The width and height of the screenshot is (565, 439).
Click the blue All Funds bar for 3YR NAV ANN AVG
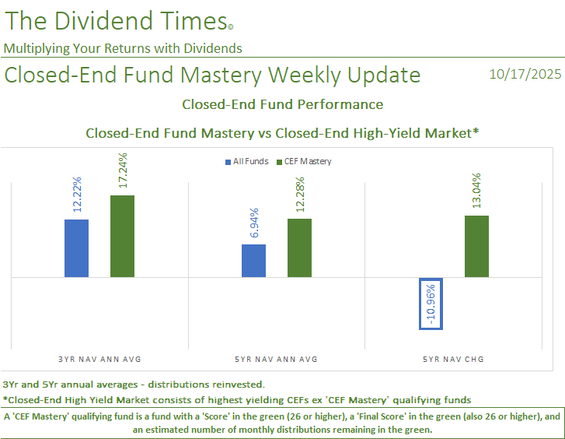tap(76, 248)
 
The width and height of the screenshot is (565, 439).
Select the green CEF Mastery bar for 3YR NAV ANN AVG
tap(122, 236)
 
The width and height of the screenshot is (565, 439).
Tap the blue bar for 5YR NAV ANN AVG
tap(253, 261)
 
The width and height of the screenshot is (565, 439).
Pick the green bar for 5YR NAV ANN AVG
tap(299, 248)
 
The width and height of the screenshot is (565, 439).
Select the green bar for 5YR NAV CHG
tap(476, 246)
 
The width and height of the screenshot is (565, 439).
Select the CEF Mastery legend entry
tap(304, 162)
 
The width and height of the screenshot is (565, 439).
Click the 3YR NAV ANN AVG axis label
tap(99, 359)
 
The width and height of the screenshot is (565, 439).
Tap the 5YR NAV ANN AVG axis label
tap(277, 359)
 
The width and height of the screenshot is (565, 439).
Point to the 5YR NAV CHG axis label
tap(454, 359)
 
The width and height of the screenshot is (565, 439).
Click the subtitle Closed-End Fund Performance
tap(282, 104)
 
